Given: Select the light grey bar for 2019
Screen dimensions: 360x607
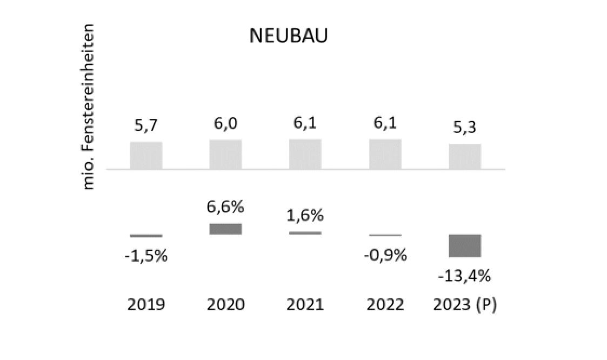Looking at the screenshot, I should coord(146,155).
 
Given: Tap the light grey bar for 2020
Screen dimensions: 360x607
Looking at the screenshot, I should coord(226,154).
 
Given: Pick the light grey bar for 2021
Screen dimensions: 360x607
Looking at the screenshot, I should coord(305,154).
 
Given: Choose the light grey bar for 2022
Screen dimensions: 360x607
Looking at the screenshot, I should coord(385,154).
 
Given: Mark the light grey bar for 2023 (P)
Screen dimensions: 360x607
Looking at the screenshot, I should coord(465,156).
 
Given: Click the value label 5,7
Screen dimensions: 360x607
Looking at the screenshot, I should coord(146,126).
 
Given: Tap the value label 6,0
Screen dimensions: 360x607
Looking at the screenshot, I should coord(226,125).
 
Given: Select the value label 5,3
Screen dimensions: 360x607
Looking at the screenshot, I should coord(465,129).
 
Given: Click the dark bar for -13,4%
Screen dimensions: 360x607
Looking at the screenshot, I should coord(465,246).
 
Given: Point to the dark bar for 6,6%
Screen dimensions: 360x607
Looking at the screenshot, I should coord(226,229).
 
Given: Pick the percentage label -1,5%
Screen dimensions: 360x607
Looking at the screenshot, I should coord(146,256).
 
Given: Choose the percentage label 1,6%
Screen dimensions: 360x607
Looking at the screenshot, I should coord(305,215).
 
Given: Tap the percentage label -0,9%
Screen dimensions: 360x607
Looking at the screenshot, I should coord(385,255).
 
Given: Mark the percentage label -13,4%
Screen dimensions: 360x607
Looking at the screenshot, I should coord(465,276).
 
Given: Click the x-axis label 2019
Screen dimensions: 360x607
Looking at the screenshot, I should coord(146,305).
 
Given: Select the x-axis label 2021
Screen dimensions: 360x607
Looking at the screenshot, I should coord(305,305).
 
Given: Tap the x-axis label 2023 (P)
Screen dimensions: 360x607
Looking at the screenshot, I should coord(465,305).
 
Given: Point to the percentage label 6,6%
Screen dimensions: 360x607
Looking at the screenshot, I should coord(226,206).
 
